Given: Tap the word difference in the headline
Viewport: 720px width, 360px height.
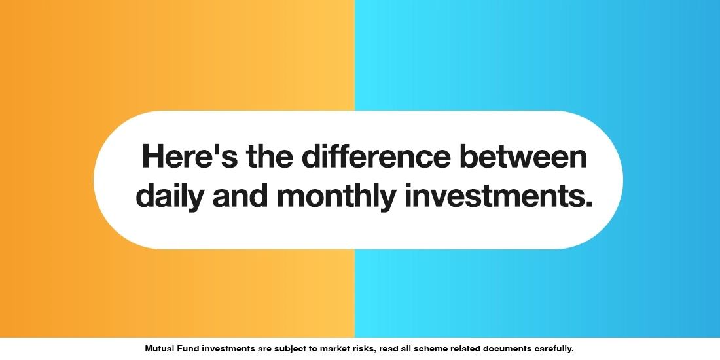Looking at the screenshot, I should point(376,157).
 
